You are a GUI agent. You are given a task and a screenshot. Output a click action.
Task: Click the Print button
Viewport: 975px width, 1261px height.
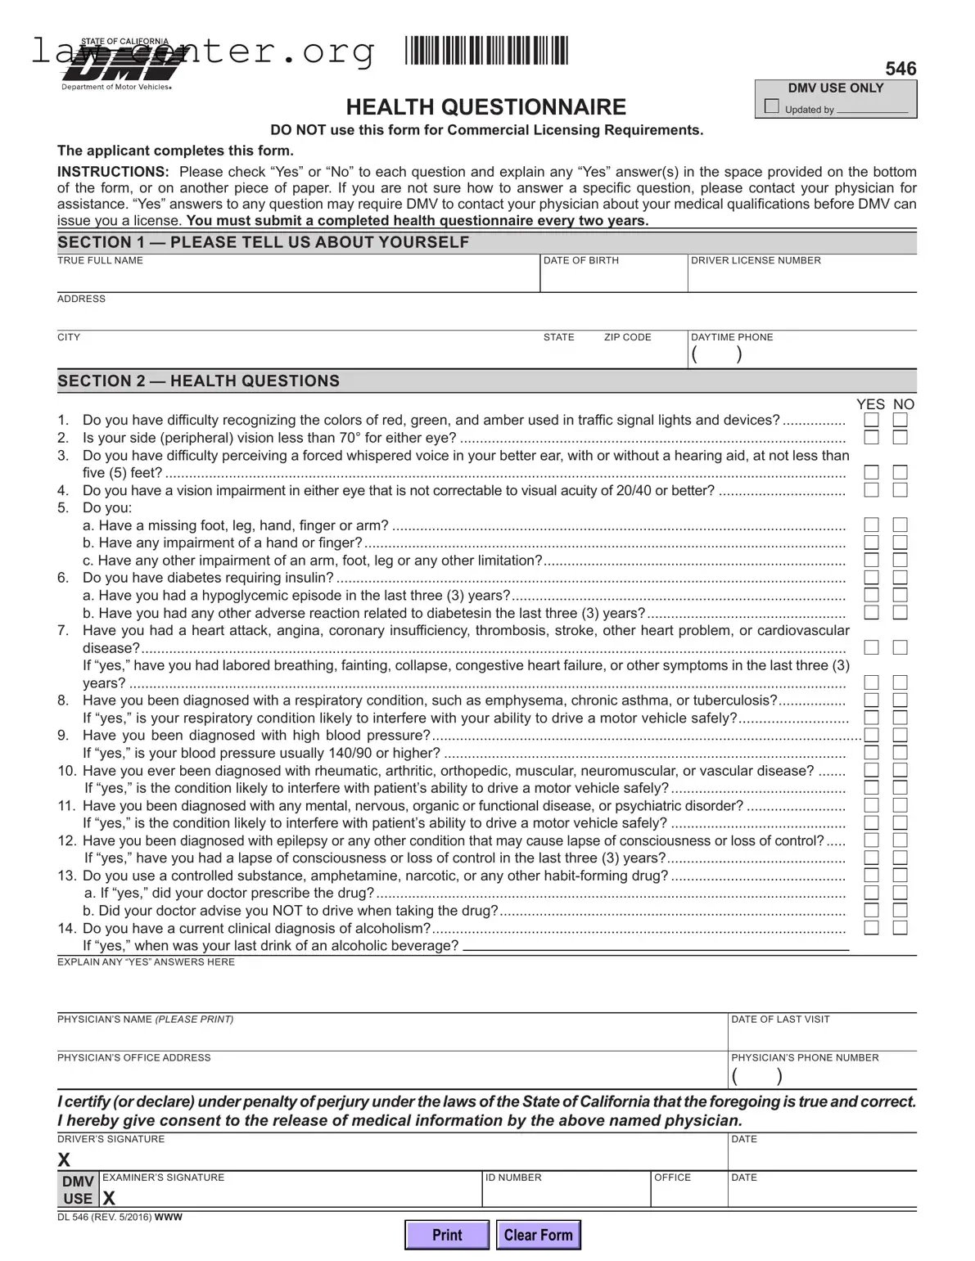click(x=447, y=1235)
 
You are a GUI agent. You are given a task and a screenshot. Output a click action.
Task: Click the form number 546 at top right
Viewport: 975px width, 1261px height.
click(x=901, y=69)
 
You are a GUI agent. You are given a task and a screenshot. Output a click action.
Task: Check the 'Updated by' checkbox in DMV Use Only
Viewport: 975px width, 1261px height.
click(x=771, y=106)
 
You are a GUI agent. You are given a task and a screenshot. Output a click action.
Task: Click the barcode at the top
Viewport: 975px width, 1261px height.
click(x=486, y=51)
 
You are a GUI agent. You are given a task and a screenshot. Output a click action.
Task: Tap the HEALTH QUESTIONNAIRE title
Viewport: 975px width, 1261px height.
click(x=485, y=107)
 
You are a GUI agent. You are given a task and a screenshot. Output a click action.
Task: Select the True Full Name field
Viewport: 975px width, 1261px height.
click(x=297, y=279)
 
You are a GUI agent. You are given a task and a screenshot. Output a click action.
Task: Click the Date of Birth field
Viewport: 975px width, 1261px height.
click(x=613, y=279)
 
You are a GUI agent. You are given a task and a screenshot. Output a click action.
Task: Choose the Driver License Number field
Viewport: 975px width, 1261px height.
click(x=801, y=279)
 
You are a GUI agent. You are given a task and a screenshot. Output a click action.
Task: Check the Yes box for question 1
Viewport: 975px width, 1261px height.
click(x=872, y=421)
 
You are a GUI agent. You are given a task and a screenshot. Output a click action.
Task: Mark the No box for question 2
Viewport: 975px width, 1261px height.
click(x=900, y=438)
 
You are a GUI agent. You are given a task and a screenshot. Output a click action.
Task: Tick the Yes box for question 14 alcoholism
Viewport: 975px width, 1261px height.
click(x=872, y=928)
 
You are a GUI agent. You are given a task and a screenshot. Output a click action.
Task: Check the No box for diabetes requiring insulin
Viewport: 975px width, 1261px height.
click(x=900, y=578)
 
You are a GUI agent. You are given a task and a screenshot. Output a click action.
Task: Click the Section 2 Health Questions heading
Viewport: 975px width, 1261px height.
click(x=198, y=381)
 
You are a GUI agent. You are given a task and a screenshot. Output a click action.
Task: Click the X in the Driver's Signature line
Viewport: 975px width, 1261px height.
click(x=64, y=1160)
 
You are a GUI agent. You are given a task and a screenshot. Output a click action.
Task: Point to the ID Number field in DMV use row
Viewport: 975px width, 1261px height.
click(x=566, y=1193)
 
